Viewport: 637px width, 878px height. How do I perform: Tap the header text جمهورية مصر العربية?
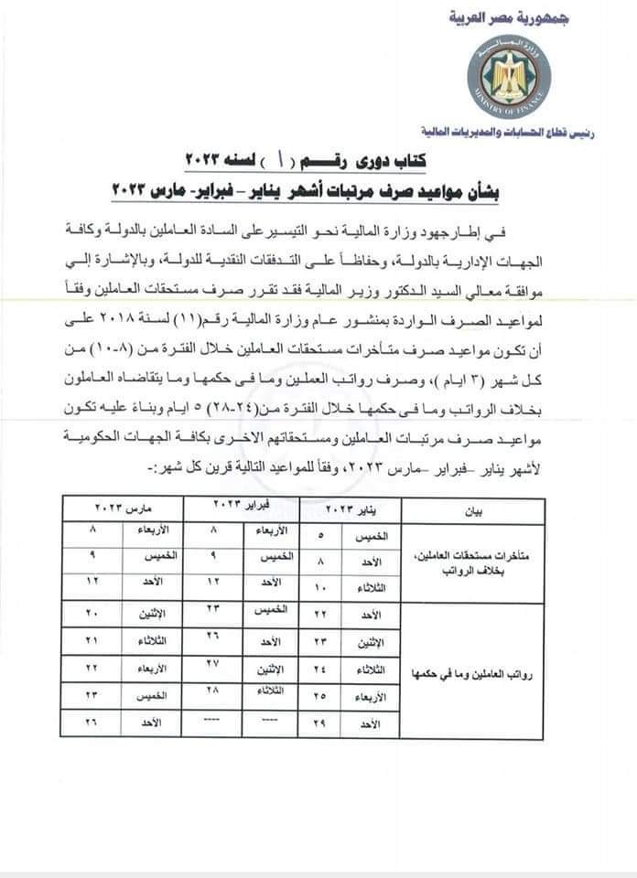[504, 17]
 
